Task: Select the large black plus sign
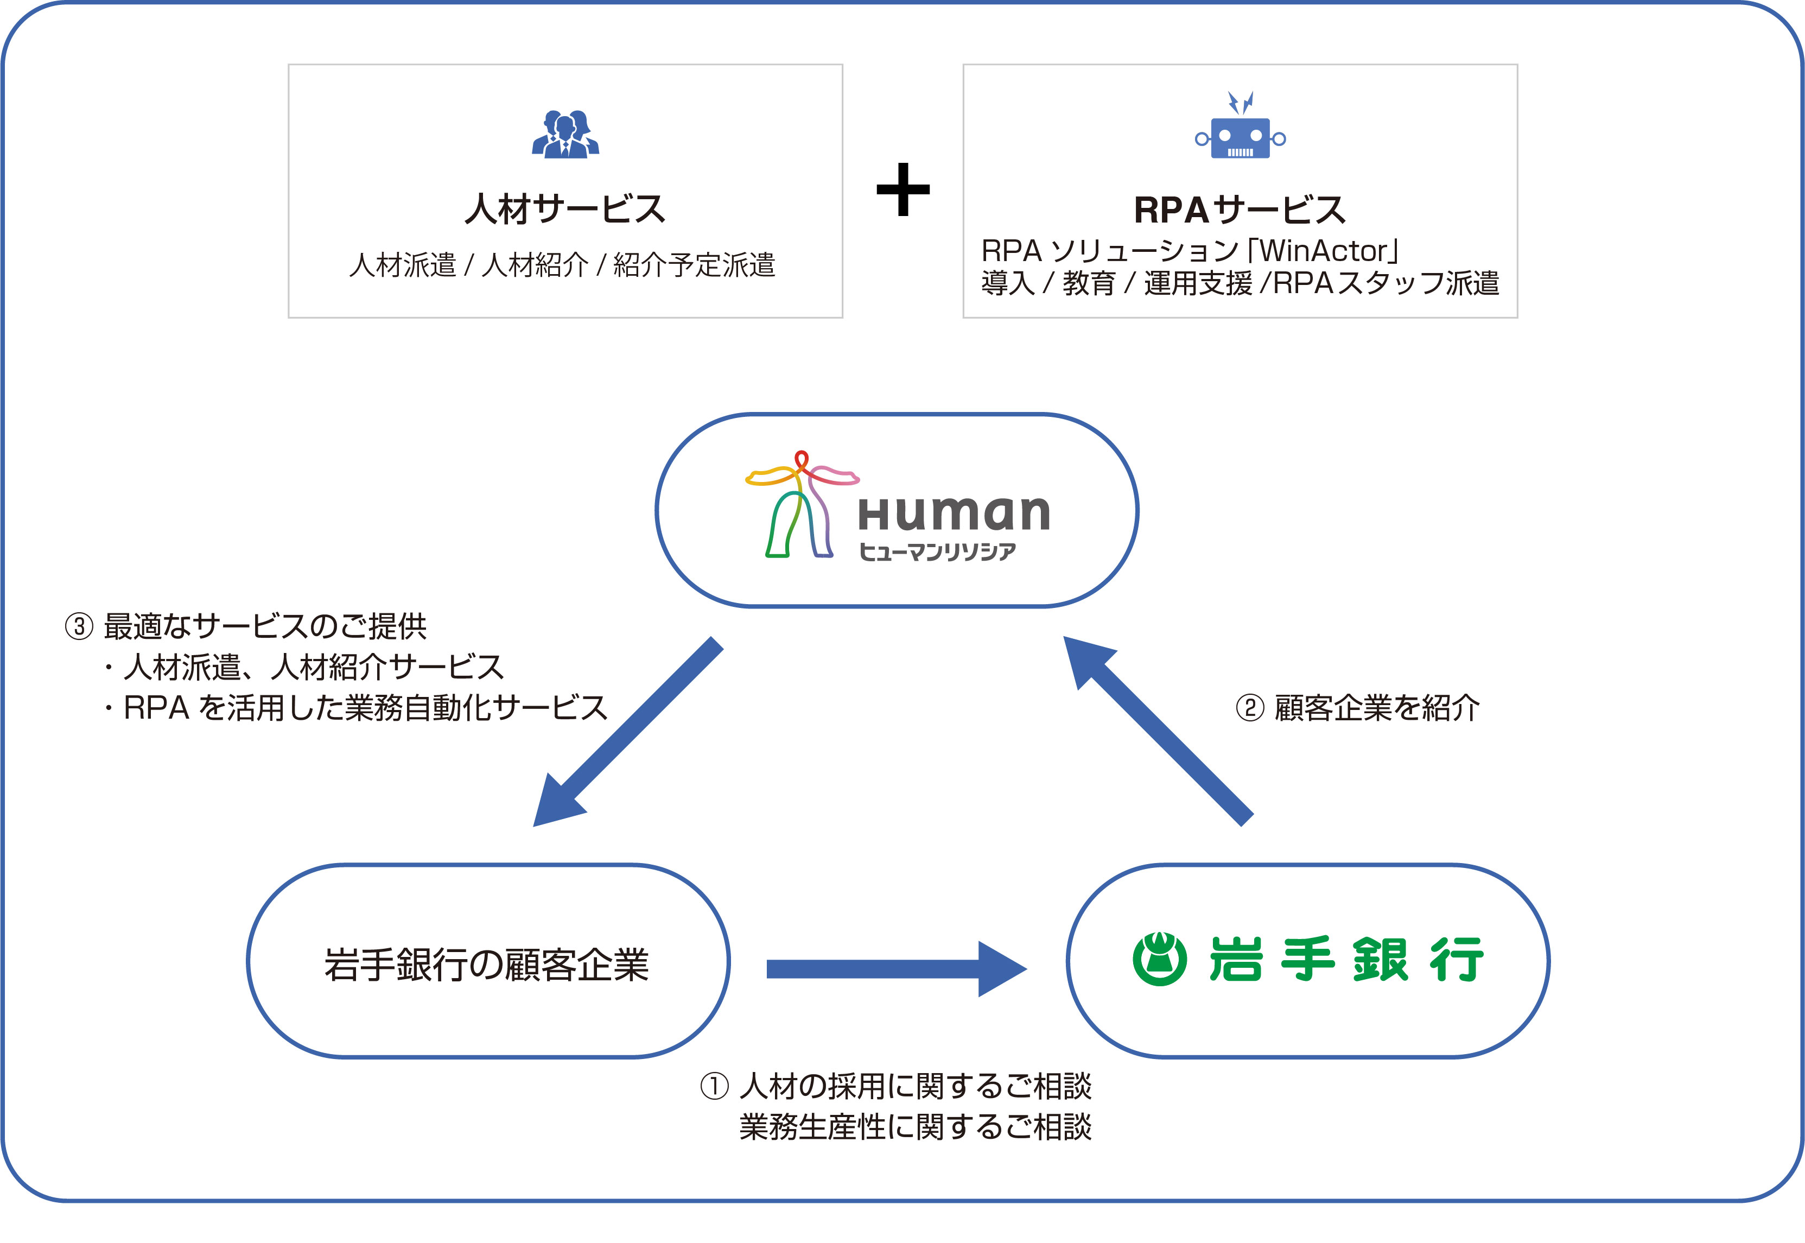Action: point(902,189)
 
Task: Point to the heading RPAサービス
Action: point(1239,209)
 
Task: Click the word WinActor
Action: point(1324,251)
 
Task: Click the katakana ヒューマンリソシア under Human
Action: point(938,551)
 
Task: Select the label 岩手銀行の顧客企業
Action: point(487,964)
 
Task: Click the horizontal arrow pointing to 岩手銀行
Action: point(895,968)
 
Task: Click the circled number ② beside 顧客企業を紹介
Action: point(1249,708)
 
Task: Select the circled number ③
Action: point(79,626)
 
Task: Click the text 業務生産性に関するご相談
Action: point(915,1126)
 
